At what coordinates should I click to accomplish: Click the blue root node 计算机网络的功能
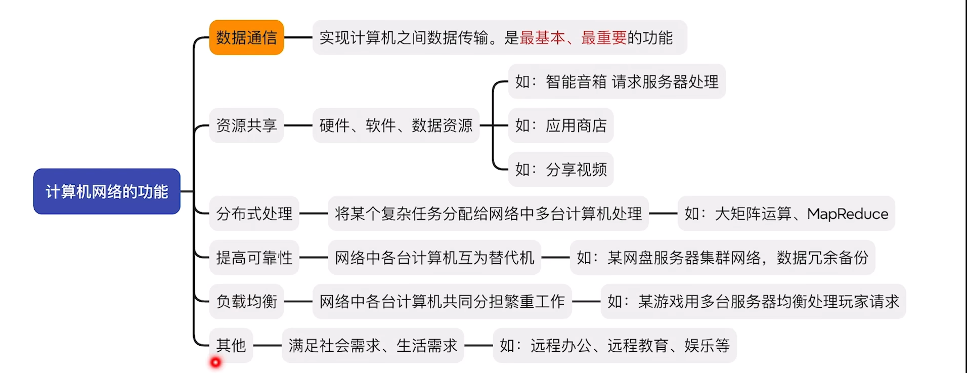107,191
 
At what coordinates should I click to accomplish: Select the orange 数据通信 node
246,37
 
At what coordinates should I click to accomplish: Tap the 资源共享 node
246,126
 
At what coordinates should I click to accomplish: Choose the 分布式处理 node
254,214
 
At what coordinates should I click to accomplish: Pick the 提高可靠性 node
254,258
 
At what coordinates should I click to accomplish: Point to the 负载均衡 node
246,302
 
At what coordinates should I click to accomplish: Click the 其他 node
231,345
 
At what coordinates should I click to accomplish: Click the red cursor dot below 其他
215,362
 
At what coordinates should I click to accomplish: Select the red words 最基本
542,37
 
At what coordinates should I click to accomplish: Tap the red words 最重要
603,37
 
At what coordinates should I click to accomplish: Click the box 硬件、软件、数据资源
395,126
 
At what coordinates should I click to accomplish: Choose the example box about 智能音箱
617,81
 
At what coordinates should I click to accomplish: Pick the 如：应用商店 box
560,126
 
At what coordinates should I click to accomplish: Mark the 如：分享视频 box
560,170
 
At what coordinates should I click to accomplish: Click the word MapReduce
847,214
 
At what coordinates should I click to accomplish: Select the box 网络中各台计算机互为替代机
434,258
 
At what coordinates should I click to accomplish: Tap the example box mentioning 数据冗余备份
722,258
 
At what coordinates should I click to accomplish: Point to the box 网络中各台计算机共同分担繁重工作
442,302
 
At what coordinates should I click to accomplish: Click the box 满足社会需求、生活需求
373,345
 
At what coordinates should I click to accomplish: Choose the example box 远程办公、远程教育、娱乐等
614,345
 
